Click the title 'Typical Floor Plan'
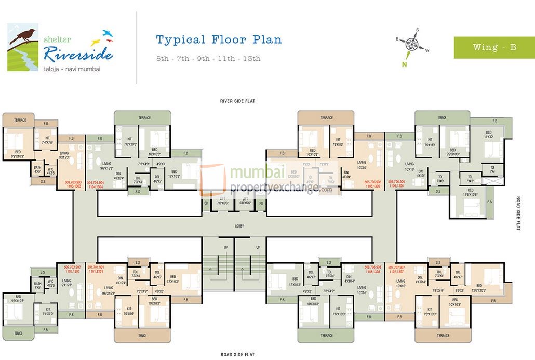pyautogui.click(x=219, y=40)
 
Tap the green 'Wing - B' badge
pyautogui.click(x=494, y=47)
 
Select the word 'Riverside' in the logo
pyautogui.click(x=78, y=52)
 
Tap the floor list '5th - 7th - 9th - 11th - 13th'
pyautogui.click(x=208, y=59)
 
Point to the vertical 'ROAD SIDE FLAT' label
pyautogui.click(x=518, y=214)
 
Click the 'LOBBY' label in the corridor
pyautogui.click(x=239, y=226)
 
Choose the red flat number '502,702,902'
pyautogui.click(x=72, y=269)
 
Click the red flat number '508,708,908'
pyautogui.click(x=373, y=269)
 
